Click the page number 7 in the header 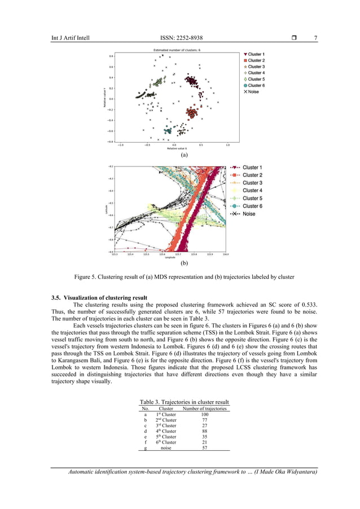[315, 38]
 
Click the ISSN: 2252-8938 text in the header [181, 38]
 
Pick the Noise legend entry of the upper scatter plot [253, 91]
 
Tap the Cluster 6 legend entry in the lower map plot [252, 206]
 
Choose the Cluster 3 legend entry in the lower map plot [252, 183]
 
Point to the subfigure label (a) [183, 153]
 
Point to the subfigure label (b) [183, 263]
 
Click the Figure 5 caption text [184, 277]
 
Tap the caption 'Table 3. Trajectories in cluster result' [184, 402]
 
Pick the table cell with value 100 [205, 414]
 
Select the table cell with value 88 [205, 431]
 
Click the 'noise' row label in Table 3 [166, 448]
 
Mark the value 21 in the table [205, 442]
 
